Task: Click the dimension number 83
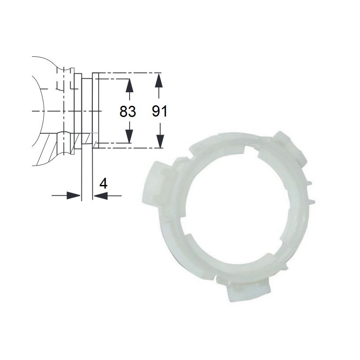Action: click(128, 111)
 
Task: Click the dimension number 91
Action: click(160, 111)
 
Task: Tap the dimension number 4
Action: click(103, 184)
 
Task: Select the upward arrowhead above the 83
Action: click(130, 85)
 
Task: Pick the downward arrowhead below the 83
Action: click(130, 136)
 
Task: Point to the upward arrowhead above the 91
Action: click(159, 80)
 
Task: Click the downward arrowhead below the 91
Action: click(160, 141)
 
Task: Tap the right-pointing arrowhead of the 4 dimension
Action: click(73, 196)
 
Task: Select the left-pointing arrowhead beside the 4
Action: click(100, 196)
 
